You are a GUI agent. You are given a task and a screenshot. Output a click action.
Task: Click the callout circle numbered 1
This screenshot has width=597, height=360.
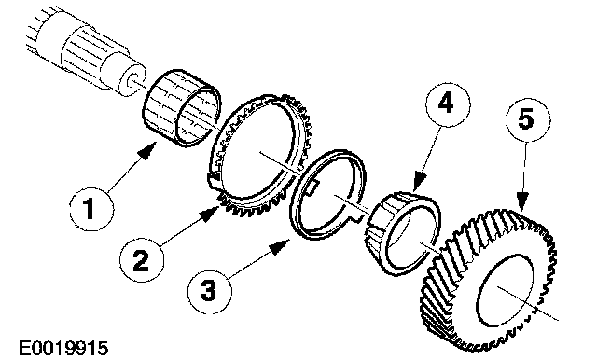91,209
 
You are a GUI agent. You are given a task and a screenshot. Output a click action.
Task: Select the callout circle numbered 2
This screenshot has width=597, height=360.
142,260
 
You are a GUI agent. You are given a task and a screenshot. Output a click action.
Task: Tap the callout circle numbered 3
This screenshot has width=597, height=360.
209,292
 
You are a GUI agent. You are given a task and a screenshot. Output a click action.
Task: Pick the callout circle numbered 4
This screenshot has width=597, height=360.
448,104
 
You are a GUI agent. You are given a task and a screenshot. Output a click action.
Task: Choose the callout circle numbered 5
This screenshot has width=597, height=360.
528,120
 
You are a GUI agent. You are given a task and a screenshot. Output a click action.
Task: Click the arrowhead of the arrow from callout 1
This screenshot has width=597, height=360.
149,151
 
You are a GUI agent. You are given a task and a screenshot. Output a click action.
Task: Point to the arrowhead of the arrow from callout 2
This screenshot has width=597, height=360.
210,214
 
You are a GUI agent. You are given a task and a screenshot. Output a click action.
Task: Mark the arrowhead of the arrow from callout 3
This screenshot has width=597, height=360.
280,246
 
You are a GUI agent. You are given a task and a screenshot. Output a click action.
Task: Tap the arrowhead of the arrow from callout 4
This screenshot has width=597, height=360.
421,181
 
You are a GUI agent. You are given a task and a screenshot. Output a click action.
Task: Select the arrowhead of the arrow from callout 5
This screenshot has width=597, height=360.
522,201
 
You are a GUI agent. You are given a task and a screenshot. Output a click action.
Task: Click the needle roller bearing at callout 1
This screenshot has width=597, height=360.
182,108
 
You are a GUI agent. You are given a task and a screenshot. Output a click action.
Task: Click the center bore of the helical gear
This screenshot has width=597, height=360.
504,290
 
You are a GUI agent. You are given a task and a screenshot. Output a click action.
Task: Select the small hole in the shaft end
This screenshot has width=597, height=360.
133,81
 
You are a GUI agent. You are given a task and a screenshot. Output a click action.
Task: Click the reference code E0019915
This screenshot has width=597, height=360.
63,348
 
